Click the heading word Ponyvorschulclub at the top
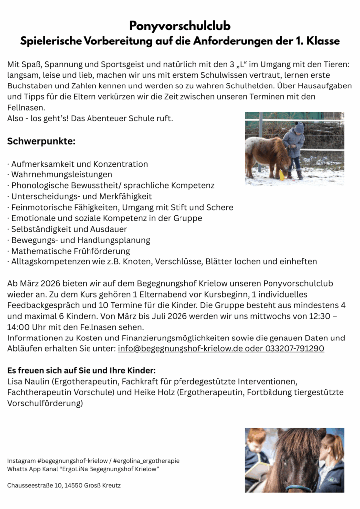tap(180, 26)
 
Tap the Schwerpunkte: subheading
tap(41, 142)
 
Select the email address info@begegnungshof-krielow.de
tap(180, 349)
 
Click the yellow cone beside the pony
tap(282, 175)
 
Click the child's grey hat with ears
tap(298, 127)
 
